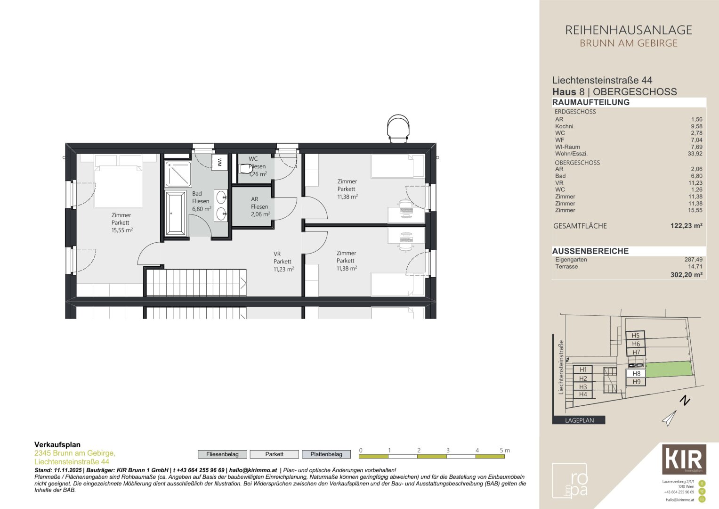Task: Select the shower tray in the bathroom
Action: coord(178,174)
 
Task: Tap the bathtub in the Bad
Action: coord(175,213)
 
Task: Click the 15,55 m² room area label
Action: coord(121,230)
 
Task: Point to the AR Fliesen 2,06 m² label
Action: coord(259,206)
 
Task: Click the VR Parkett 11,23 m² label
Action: coord(283,262)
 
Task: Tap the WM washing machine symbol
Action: coord(219,163)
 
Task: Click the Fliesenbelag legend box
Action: coord(222,454)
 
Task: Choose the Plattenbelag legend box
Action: coord(326,454)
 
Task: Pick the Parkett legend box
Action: coord(274,454)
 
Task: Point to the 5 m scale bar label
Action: coord(504,451)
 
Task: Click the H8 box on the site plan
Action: coord(636,373)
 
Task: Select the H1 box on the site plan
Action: coord(583,369)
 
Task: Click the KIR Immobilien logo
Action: coord(684,459)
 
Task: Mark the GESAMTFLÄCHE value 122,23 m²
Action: coord(686,226)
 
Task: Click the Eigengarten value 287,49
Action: coord(693,260)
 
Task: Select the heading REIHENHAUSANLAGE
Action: coord(628,30)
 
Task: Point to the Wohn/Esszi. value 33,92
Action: coord(695,154)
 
